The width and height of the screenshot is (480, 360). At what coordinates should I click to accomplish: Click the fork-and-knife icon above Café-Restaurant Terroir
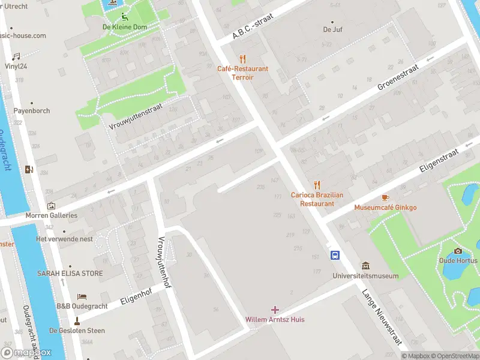click(x=242, y=59)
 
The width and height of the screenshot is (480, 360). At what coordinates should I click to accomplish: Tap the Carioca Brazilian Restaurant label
click(x=317, y=199)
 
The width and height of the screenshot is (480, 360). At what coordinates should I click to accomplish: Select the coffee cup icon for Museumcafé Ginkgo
click(x=385, y=197)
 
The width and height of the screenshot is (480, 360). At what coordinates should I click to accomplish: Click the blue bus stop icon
click(x=335, y=256)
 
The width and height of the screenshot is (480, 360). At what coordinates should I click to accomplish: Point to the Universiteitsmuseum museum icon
click(x=365, y=266)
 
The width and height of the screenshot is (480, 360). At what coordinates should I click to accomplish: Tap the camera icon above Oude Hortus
click(x=458, y=251)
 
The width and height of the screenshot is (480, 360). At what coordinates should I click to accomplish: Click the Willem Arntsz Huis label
click(x=275, y=319)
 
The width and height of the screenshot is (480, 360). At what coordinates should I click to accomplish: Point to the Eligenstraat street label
click(x=439, y=161)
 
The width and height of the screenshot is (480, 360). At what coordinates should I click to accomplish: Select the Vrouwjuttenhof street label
click(x=163, y=262)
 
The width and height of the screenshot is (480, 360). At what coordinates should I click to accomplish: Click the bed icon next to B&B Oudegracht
click(x=82, y=297)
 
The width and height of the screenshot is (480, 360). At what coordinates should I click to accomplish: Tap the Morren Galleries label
click(x=51, y=215)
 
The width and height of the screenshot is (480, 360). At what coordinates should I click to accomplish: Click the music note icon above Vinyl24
click(x=16, y=56)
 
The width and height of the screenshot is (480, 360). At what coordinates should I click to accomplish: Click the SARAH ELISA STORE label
click(x=70, y=274)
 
